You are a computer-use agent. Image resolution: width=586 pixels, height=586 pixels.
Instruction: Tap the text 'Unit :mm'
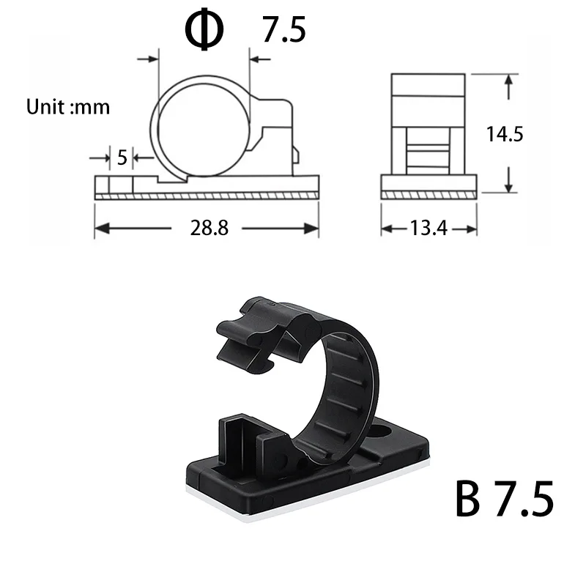point(68,107)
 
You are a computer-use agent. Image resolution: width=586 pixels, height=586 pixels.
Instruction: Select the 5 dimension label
point(122,157)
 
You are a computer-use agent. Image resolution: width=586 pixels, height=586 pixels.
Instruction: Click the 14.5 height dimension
point(504,134)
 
